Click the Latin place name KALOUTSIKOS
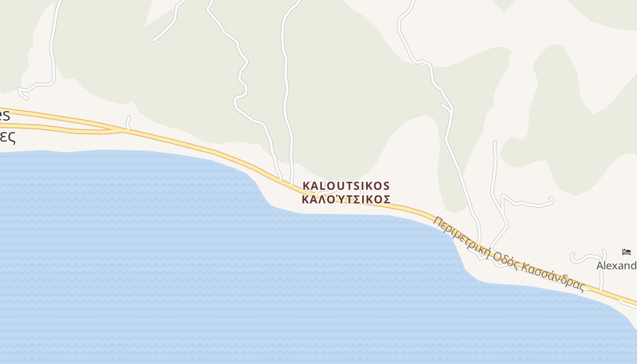346,186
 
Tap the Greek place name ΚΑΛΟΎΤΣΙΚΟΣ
346,199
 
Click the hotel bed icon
627,252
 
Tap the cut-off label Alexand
616,266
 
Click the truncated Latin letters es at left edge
4,116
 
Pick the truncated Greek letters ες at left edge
7,136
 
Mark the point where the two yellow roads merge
122,131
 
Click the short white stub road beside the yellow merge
128,122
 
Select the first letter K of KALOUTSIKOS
307,186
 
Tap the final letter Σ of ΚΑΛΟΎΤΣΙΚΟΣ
387,199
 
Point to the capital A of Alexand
601,266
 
